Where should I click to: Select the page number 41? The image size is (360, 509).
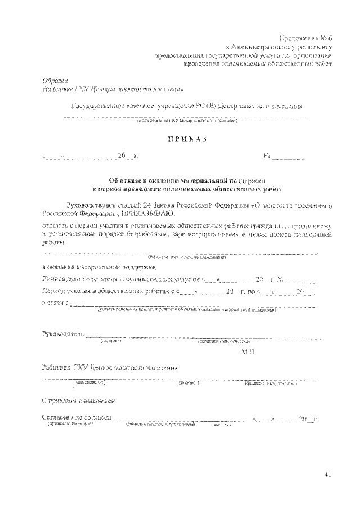coord(328,475)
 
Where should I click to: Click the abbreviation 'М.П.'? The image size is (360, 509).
coord(248,352)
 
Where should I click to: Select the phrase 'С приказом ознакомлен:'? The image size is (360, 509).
coord(80,401)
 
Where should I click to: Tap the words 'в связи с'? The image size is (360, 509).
coord(55,304)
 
